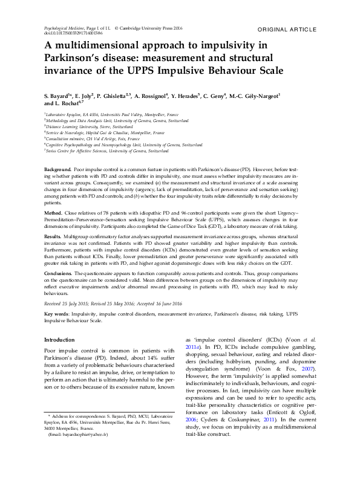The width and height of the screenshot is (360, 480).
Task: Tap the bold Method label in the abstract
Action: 53,213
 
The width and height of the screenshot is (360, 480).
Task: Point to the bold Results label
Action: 53,236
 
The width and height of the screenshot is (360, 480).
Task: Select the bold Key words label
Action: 57,314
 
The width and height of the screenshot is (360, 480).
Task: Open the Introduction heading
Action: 60,340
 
